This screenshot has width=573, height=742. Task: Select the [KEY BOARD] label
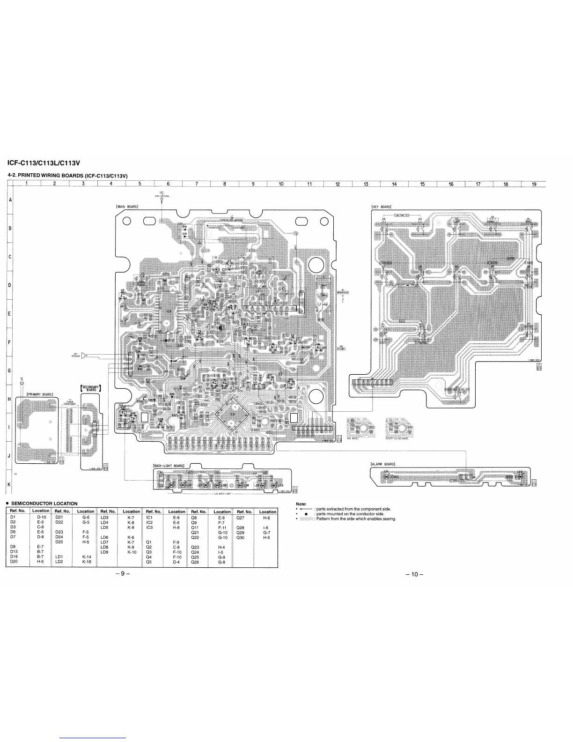(x=381, y=207)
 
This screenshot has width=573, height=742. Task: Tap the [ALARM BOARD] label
(x=383, y=464)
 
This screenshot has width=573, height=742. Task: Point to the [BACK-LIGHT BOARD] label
(x=169, y=465)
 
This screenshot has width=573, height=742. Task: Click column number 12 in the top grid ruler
(x=338, y=184)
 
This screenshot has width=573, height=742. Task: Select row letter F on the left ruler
(x=9, y=342)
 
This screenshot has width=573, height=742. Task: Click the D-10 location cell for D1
(x=41, y=517)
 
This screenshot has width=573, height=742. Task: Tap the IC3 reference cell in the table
(x=150, y=527)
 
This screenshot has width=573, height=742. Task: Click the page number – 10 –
(x=414, y=575)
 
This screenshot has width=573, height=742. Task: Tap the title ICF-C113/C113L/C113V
(x=44, y=163)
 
